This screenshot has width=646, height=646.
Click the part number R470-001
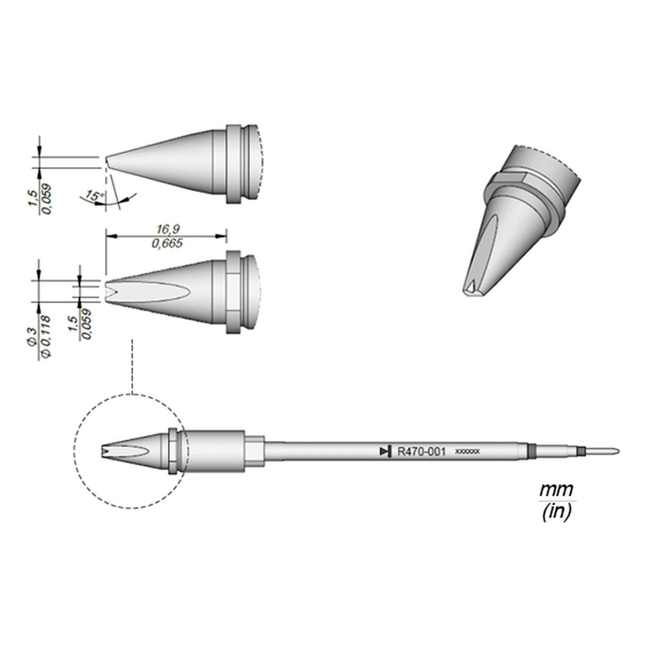[421, 452]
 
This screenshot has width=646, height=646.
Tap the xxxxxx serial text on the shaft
[467, 452]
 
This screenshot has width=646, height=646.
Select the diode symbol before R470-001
[386, 452]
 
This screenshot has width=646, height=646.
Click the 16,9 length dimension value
[169, 229]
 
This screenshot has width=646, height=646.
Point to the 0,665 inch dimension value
[167, 244]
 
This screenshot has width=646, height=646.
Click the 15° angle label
[95, 195]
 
